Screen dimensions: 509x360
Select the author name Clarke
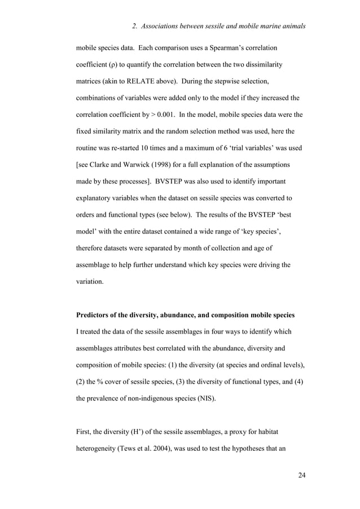107,166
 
